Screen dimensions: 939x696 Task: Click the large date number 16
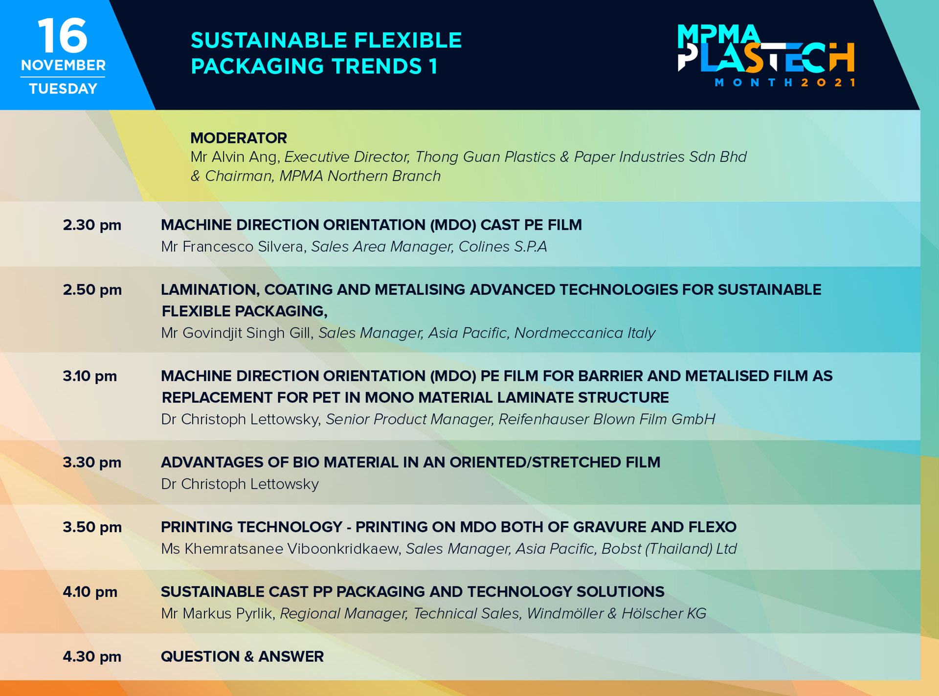pos(63,35)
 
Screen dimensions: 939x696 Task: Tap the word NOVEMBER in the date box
pos(63,65)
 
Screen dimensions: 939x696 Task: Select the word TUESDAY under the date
pos(63,89)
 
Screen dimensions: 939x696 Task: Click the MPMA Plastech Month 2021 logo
pos(766,55)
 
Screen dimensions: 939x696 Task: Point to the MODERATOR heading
pos(239,138)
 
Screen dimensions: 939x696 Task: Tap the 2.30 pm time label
pos(92,225)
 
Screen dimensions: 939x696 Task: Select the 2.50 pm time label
pos(92,290)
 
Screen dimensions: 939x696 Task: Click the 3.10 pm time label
pos(90,376)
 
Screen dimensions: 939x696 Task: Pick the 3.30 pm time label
pos(92,462)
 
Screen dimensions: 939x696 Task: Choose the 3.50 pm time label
pos(92,527)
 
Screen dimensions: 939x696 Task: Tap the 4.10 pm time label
pos(90,592)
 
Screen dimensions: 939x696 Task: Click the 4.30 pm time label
pos(92,656)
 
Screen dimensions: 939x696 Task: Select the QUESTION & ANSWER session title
pos(242,656)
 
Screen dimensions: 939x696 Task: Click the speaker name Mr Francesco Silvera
pos(234,247)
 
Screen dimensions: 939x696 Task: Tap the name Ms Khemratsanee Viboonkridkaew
pos(281,549)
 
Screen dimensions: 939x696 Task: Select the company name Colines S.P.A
pos(502,247)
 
